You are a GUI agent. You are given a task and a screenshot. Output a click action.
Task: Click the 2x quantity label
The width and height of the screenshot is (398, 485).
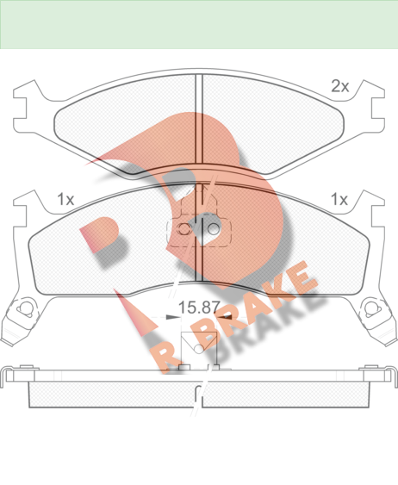coord(340,86)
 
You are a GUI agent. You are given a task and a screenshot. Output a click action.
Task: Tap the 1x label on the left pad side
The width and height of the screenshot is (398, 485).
coord(65,200)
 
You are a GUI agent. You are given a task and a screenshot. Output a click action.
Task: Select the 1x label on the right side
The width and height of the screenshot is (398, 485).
coord(339,200)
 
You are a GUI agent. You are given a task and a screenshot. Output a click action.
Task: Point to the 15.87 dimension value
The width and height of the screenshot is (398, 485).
coord(199,308)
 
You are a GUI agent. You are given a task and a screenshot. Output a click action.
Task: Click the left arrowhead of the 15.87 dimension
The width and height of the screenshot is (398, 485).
coord(173,317)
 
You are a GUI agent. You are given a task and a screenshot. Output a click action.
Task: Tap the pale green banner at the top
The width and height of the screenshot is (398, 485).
coord(199,24)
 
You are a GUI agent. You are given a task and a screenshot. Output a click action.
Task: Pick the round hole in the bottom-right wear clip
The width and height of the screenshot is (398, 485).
coord(370,308)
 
